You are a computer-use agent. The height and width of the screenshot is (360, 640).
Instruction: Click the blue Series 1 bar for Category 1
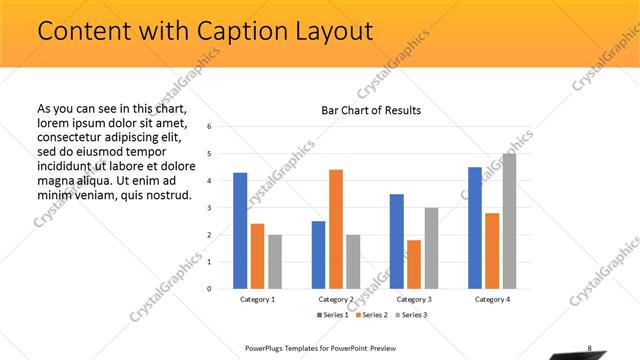[x=240, y=231]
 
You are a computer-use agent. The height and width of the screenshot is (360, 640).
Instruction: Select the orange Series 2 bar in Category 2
[x=336, y=229]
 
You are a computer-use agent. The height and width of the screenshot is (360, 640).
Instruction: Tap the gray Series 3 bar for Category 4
[x=510, y=221]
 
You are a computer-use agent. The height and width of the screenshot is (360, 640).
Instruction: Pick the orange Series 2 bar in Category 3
[x=414, y=264]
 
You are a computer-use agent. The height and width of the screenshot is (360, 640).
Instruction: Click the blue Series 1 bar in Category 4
[x=475, y=228]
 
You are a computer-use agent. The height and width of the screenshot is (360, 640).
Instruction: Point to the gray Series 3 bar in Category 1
[x=275, y=262]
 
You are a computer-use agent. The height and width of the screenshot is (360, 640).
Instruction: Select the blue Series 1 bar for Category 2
[x=318, y=255]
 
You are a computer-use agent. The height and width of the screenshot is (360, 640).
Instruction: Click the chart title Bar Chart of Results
[x=370, y=110]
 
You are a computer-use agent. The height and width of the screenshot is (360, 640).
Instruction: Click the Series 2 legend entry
[x=371, y=315]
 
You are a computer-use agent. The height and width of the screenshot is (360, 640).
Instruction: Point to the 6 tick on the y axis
[x=210, y=127]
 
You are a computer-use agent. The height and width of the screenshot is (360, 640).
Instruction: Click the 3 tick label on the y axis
[x=210, y=208]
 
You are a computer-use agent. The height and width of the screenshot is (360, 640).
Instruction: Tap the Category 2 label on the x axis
[x=336, y=299]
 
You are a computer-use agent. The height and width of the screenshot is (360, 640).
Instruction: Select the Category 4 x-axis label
[x=492, y=299]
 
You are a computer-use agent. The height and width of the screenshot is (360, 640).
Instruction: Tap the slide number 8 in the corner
[x=590, y=348]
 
